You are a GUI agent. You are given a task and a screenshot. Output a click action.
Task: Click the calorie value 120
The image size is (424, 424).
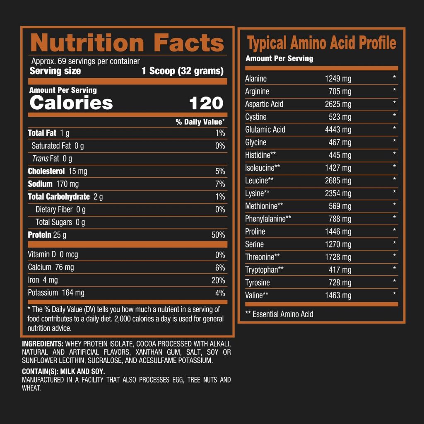(206, 103)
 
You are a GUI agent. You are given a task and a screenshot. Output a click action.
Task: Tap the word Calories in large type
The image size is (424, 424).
(71, 103)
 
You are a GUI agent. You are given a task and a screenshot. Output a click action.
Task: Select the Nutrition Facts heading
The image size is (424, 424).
(127, 43)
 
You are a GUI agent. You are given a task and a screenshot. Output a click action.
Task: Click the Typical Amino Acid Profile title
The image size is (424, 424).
(321, 43)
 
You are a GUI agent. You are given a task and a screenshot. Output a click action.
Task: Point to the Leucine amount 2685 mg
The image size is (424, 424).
(338, 181)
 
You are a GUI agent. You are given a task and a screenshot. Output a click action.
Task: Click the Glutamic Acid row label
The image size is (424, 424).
(265, 130)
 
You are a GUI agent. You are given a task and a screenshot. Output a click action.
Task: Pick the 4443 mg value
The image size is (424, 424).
(338, 130)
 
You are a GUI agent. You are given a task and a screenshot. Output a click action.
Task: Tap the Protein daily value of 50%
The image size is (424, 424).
(218, 235)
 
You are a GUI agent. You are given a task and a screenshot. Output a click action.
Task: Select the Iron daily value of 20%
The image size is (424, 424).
(218, 280)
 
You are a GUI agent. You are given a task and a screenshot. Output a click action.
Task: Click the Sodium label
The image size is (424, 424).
(40, 184)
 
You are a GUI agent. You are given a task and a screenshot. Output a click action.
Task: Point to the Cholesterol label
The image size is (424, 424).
(46, 171)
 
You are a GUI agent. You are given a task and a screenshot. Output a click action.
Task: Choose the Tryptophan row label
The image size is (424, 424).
(264, 270)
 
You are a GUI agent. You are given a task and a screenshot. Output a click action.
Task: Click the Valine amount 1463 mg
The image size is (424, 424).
(338, 296)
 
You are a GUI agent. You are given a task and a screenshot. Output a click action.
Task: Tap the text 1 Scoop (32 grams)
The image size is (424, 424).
(183, 71)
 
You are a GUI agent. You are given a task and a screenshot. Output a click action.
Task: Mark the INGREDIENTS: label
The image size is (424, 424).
(43, 344)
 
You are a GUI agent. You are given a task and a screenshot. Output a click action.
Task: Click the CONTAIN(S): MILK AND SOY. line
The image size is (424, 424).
(63, 371)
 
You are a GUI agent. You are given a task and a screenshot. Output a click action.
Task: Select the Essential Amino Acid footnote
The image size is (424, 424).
(279, 314)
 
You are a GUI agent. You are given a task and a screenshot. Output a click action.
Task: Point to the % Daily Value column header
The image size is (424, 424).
(200, 122)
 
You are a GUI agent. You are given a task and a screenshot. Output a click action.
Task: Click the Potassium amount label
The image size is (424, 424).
(56, 293)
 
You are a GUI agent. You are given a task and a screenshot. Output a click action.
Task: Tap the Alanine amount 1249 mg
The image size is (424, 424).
(338, 79)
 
